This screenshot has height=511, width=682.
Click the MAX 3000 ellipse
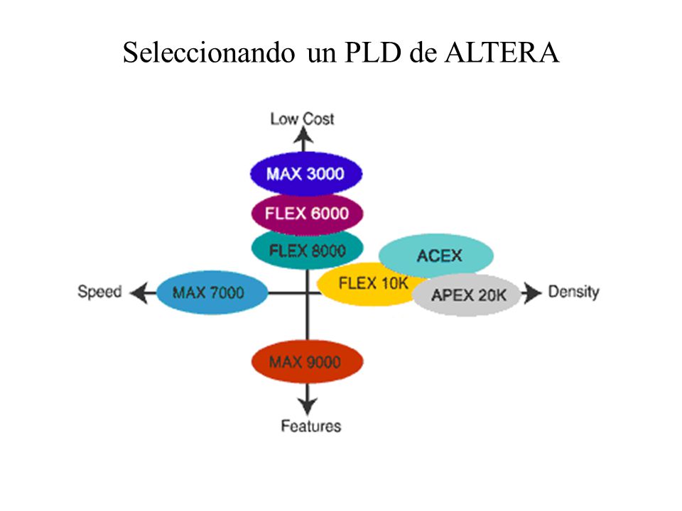306,174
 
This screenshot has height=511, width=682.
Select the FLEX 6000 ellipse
307,214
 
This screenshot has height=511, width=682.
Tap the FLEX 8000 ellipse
308,250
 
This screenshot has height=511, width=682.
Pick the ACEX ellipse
436,255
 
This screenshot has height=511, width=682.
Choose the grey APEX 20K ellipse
467,295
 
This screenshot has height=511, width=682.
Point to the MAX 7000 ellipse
212,292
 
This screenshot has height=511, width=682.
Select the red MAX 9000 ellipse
307,361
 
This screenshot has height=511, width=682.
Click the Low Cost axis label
303,119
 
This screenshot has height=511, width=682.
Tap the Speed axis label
99,292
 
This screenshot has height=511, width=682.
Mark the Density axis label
574,292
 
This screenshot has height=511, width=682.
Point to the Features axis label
311,426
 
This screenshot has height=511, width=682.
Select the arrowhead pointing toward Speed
139,292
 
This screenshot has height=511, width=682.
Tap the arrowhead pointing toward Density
531,293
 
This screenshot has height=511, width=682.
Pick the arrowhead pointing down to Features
308,406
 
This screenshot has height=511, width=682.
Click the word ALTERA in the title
502,53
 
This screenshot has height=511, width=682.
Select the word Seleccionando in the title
209,53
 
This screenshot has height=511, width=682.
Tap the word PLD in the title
373,53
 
